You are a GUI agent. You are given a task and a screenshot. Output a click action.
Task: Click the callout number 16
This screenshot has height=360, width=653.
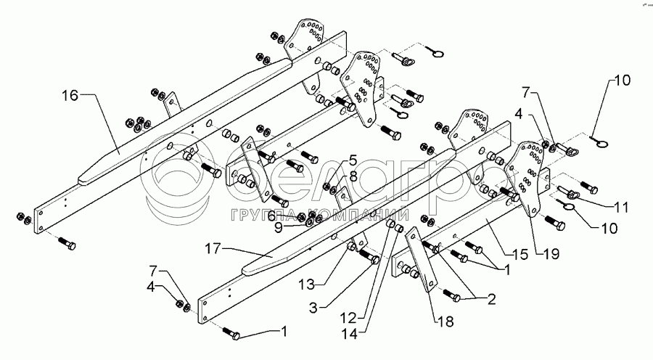click(69, 94)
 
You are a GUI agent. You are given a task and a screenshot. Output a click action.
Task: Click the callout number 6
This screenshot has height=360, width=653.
click(271, 215)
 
